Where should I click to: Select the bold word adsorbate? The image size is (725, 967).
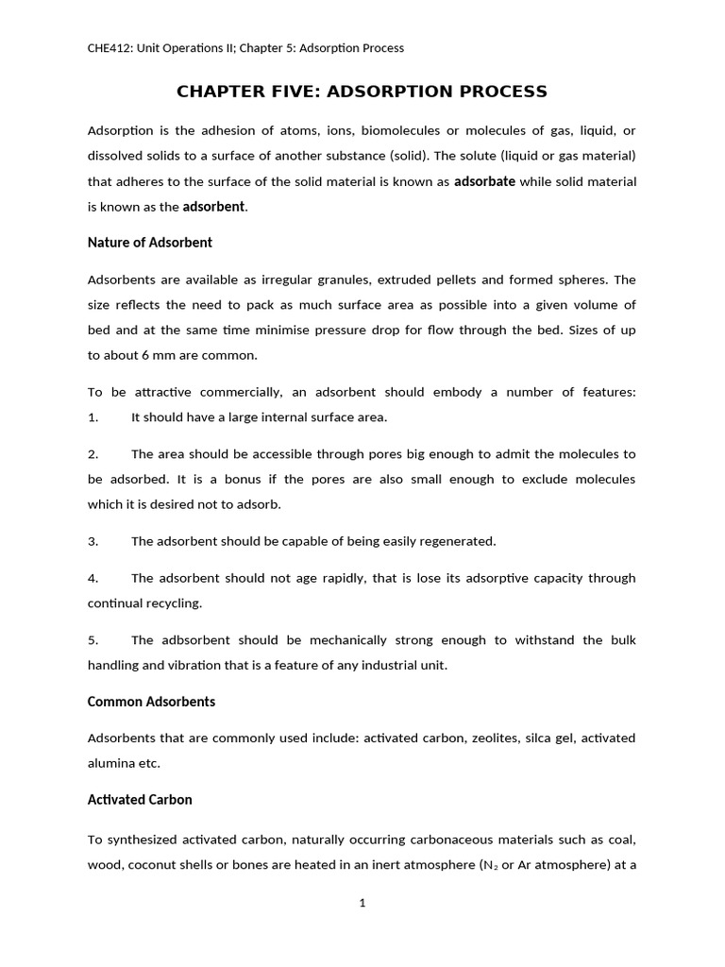click(x=484, y=181)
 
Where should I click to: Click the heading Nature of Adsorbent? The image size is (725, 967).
click(x=149, y=243)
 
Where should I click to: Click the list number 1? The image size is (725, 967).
click(x=93, y=416)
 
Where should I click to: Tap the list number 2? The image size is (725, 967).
click(x=93, y=454)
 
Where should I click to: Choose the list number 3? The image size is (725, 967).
click(x=93, y=541)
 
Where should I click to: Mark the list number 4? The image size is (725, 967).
click(x=93, y=578)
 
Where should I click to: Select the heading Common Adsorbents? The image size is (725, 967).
click(x=151, y=702)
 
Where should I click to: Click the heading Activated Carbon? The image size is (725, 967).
click(x=140, y=800)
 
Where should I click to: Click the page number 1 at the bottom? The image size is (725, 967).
click(x=362, y=903)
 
